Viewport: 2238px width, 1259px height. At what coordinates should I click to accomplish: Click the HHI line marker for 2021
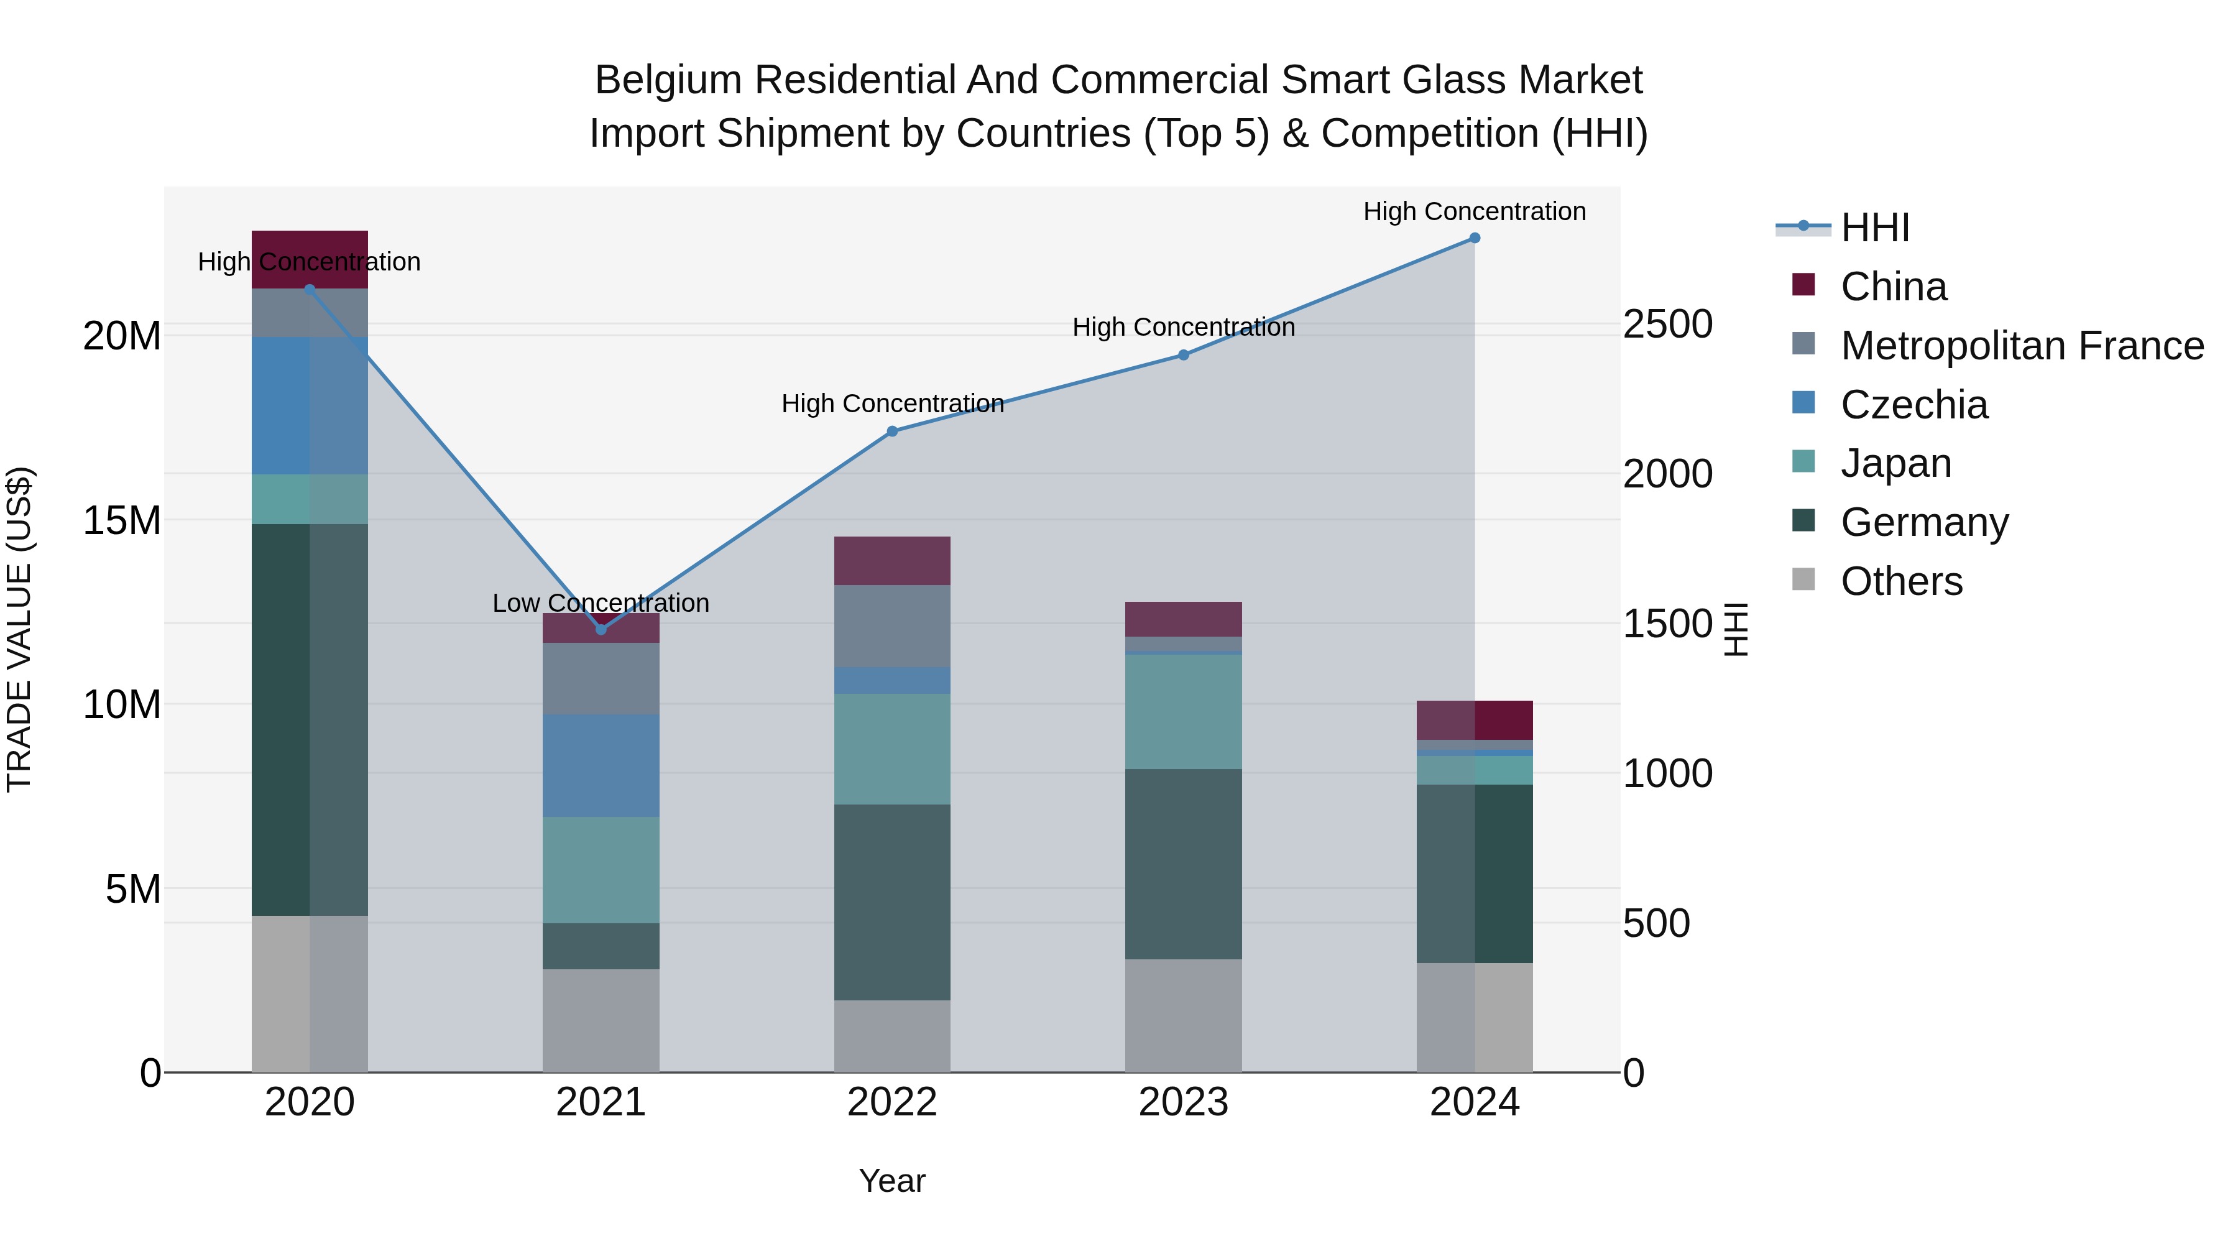[601, 629]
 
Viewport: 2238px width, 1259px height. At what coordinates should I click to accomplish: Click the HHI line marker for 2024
[1475, 238]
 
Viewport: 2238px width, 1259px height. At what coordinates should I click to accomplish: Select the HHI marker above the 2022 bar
[892, 431]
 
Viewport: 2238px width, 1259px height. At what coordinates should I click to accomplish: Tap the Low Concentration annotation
[601, 603]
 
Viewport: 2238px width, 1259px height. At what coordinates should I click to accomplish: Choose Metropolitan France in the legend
[2021, 346]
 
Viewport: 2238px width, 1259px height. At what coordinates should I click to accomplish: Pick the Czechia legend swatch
[1803, 403]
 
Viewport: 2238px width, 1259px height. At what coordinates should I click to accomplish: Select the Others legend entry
[1901, 581]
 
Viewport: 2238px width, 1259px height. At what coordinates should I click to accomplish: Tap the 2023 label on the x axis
[1182, 1102]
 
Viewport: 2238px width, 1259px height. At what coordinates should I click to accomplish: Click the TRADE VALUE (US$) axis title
[20, 629]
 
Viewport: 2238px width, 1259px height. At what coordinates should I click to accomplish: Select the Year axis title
[891, 1181]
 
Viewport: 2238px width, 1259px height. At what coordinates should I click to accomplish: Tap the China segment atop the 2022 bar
[892, 560]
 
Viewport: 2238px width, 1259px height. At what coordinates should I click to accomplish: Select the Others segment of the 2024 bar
[1475, 1017]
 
